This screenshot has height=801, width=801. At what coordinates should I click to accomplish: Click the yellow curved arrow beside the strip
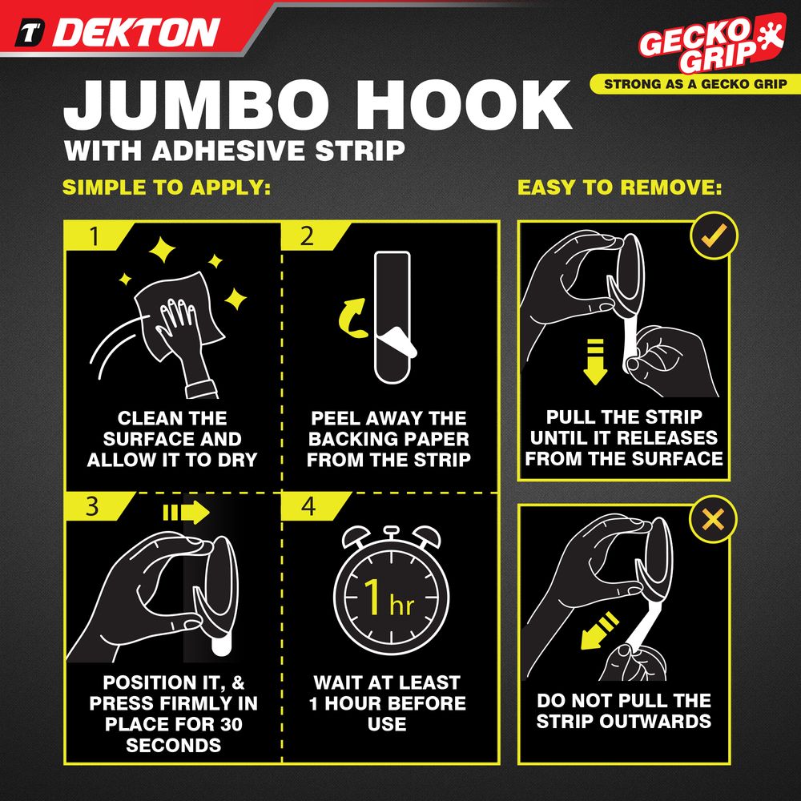pyautogui.click(x=352, y=318)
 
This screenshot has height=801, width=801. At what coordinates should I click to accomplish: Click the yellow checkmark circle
pyautogui.click(x=714, y=236)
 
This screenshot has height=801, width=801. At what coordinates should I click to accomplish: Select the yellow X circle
pyautogui.click(x=713, y=520)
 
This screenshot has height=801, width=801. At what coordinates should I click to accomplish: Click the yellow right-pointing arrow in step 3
pyautogui.click(x=186, y=513)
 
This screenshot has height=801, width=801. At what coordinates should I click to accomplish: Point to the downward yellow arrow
pyautogui.click(x=594, y=361)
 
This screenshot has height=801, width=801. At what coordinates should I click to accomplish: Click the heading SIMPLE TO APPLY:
pyautogui.click(x=167, y=187)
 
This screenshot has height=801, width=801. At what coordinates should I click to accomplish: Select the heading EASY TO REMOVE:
pyautogui.click(x=620, y=187)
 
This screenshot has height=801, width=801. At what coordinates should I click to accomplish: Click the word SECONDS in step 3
pyautogui.click(x=174, y=745)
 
